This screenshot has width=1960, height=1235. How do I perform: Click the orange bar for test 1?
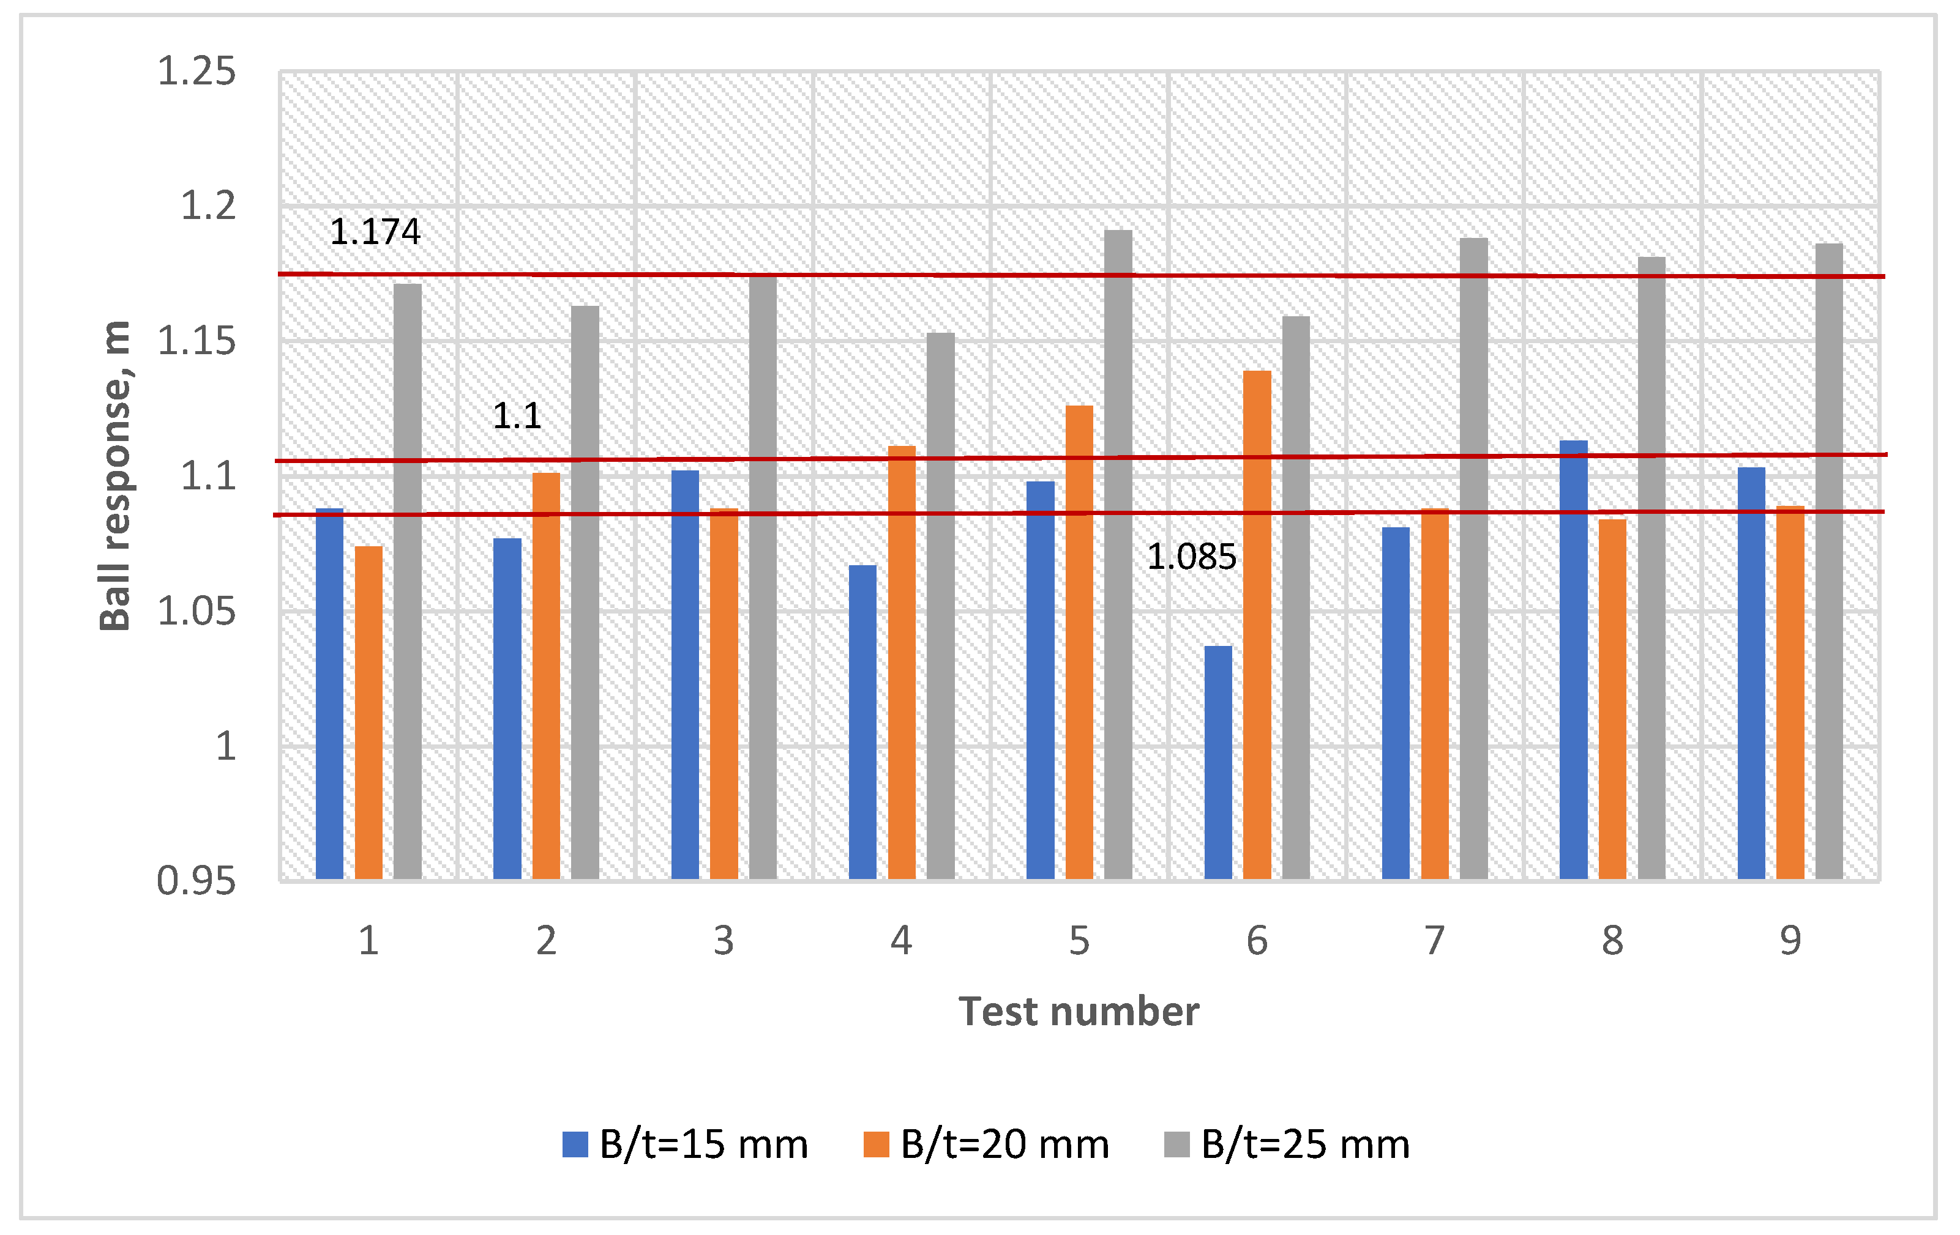tap(368, 713)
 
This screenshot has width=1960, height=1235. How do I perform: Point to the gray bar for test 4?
tap(940, 606)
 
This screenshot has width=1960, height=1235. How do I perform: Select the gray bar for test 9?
tap(1829, 562)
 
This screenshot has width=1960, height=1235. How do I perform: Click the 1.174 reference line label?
tap(375, 232)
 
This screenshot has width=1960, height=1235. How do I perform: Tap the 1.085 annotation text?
tap(1191, 557)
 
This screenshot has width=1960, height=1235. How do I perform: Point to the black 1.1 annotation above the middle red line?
tap(517, 417)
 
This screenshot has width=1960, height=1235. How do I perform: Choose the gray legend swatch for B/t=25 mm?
tap(1176, 1144)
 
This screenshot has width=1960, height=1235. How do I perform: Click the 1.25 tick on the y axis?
tap(196, 72)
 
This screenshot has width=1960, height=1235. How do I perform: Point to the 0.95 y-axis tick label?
tap(196, 881)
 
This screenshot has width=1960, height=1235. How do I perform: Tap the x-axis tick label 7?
tap(1434, 941)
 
